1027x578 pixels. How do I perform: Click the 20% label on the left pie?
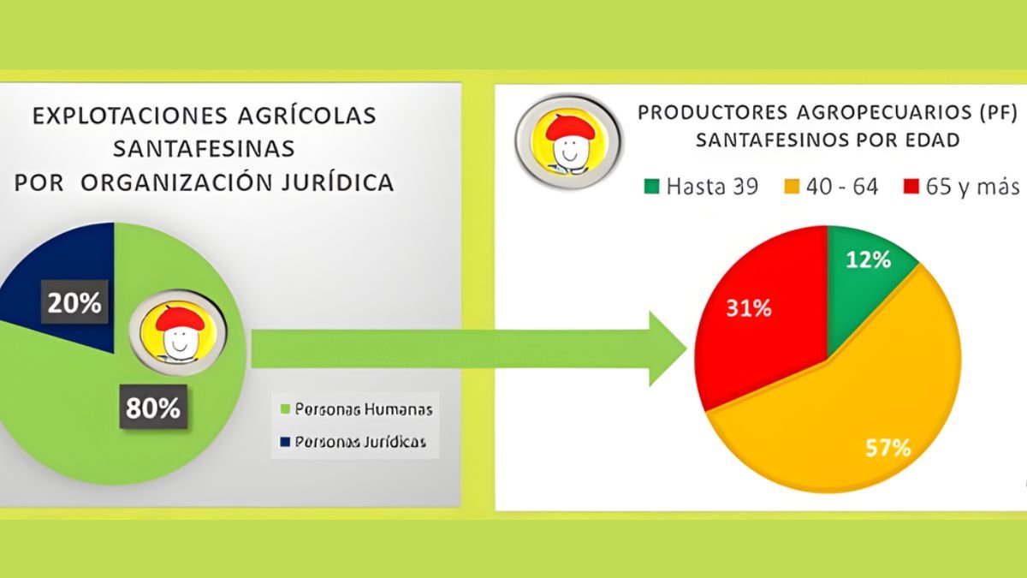[x=74, y=303]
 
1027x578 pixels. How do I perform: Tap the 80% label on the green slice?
[x=153, y=408]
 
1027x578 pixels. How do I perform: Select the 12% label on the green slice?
[x=869, y=260]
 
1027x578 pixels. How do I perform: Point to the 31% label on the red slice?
[x=749, y=309]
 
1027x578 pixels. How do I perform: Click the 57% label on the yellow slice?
[x=888, y=448]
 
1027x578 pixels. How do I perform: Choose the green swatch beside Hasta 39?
[x=651, y=187]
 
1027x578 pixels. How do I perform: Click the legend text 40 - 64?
[x=842, y=187]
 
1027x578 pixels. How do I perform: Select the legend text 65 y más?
[x=972, y=188]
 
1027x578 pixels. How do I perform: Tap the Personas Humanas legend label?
[x=364, y=409]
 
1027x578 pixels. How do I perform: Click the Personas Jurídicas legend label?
[x=360, y=442]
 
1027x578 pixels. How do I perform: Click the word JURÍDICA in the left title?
[x=337, y=182]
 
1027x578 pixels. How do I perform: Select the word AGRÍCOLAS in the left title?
[x=306, y=116]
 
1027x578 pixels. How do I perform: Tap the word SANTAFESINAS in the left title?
[x=204, y=149]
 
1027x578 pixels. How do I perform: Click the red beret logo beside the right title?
[x=569, y=141]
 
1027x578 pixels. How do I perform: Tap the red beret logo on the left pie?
[x=178, y=333]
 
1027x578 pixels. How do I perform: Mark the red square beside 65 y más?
[x=911, y=187]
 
